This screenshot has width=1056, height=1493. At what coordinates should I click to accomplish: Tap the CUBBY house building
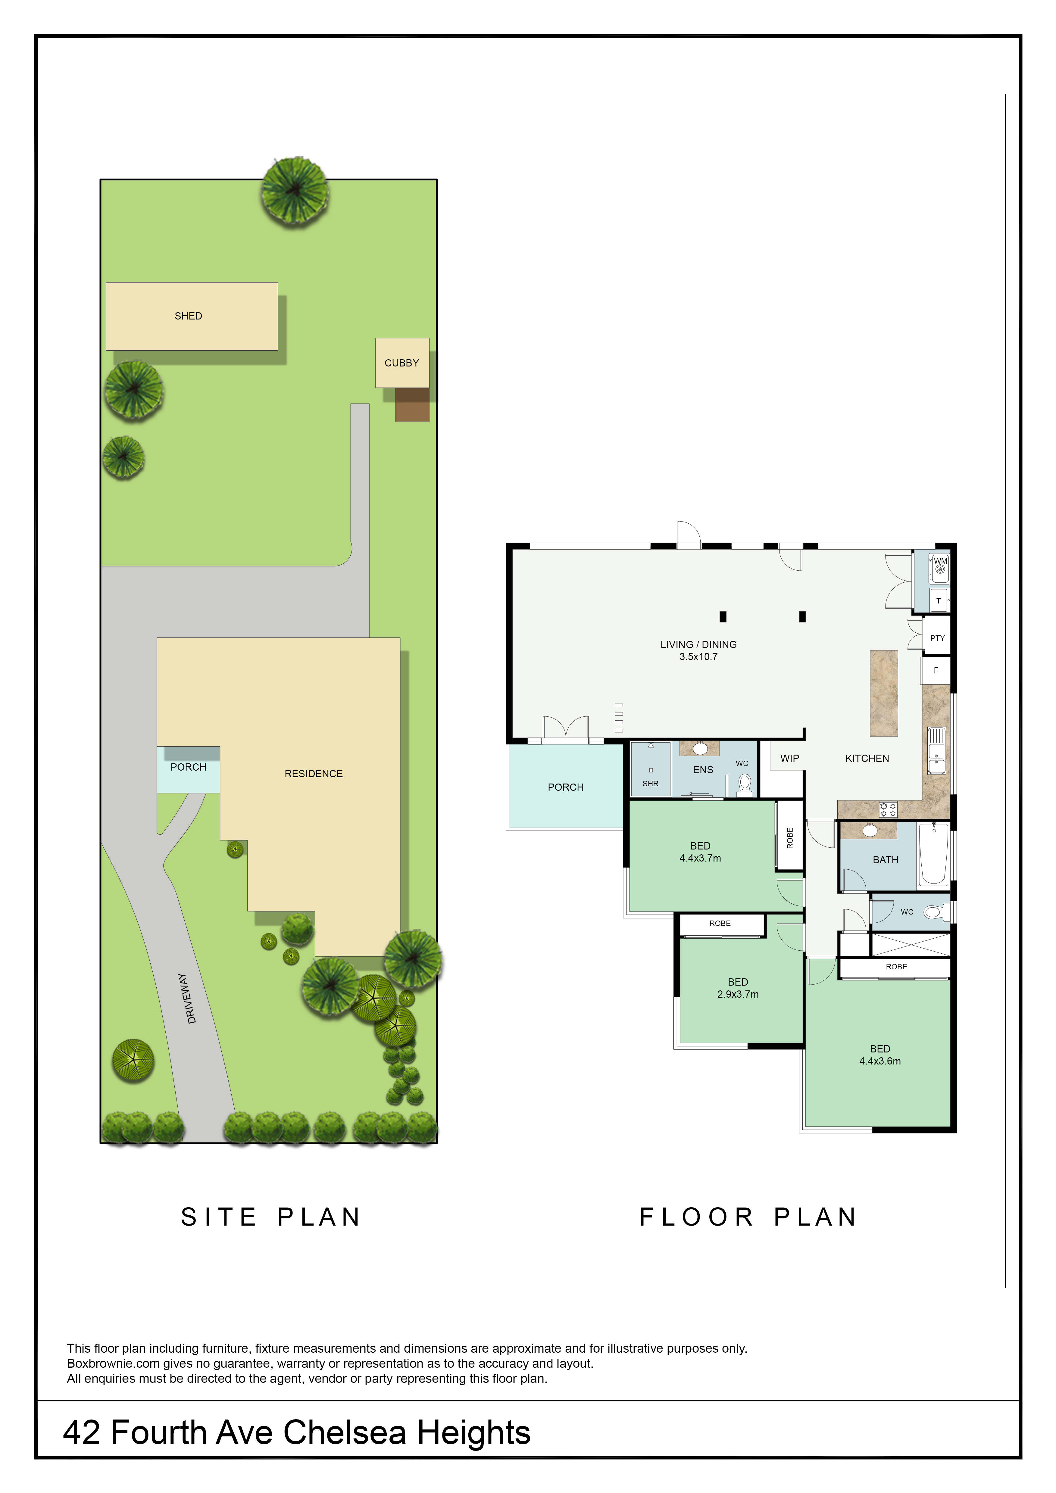(402, 363)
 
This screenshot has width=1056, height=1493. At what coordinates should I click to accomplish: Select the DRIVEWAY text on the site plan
(187, 998)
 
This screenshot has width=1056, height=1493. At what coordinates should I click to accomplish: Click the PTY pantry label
(937, 638)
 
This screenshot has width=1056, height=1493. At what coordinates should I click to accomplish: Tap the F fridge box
(936, 670)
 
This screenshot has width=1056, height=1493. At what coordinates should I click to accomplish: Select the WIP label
(789, 758)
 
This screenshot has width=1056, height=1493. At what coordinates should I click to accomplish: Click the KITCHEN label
(867, 758)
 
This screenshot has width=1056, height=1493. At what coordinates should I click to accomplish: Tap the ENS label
(703, 770)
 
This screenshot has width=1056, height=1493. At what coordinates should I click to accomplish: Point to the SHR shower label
(650, 784)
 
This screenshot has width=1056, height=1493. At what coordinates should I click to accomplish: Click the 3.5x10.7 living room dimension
(698, 657)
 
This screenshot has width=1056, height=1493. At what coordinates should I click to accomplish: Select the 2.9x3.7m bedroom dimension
(738, 994)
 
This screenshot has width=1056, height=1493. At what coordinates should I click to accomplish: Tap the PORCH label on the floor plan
(566, 787)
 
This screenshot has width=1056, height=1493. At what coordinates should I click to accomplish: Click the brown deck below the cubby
(412, 404)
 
